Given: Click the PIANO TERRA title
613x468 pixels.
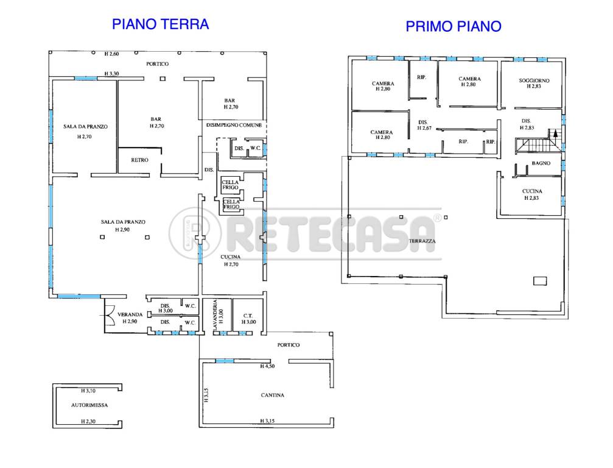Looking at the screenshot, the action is point(160,24).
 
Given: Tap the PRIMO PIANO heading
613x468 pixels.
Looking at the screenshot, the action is point(454,26).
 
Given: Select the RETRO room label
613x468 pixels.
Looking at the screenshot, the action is point(139,160).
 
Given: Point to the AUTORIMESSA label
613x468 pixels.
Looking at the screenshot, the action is point(89,405).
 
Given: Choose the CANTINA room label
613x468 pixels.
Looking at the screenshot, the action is point(273,395).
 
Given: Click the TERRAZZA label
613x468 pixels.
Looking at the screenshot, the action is point(422,241).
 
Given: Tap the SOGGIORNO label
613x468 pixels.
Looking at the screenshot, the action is point(534,80).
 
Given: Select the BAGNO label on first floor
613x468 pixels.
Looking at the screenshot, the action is point(541,163).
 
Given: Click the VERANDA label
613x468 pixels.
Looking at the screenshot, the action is point(130,314).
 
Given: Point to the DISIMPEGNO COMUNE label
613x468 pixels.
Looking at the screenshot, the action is point(234,125).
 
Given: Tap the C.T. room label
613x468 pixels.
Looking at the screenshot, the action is point(248,316).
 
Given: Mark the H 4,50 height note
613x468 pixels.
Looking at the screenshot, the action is point(267,366).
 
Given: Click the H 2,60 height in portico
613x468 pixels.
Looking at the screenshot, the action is point(111,54).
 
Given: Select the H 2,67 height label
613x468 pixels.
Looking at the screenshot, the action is point(424,128).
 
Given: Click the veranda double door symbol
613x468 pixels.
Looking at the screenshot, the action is point(108,314).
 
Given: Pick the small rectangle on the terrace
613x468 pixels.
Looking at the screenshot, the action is point(540,280).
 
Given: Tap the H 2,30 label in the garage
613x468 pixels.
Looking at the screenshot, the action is point(88,422).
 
